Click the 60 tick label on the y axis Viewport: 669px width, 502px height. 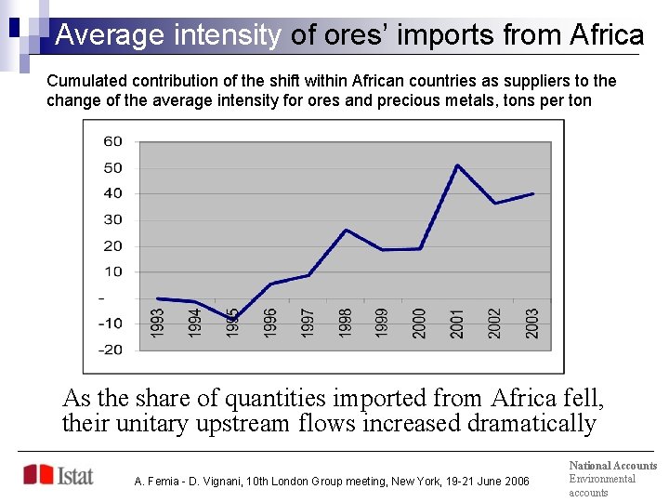pos(112,141)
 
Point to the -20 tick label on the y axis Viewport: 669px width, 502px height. pos(111,350)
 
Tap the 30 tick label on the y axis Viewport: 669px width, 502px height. pos(112,219)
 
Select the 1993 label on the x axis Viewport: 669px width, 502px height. pos(158,323)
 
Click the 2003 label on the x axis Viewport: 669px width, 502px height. pos(532,323)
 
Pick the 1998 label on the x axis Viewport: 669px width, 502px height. pos(346,323)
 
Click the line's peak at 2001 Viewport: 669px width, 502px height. pos(457,165)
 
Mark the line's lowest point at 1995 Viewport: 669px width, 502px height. pos(233,319)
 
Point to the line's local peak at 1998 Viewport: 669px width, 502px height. pos(346,230)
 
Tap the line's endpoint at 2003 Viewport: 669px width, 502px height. pos(532,193)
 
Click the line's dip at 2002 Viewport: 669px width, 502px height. pos(494,204)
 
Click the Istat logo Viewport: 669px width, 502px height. pos(59,475)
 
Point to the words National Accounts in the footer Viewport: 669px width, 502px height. pos(612,466)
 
